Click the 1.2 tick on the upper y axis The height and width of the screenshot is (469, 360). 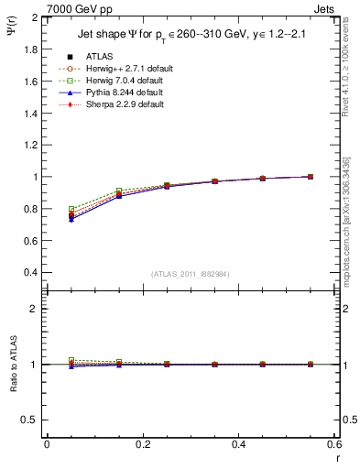point(30,145)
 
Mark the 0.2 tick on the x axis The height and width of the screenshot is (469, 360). point(142,444)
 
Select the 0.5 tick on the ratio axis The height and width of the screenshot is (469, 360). point(30,420)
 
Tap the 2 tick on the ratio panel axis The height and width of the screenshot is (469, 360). point(34,309)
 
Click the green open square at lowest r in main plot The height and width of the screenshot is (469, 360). point(71,209)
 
